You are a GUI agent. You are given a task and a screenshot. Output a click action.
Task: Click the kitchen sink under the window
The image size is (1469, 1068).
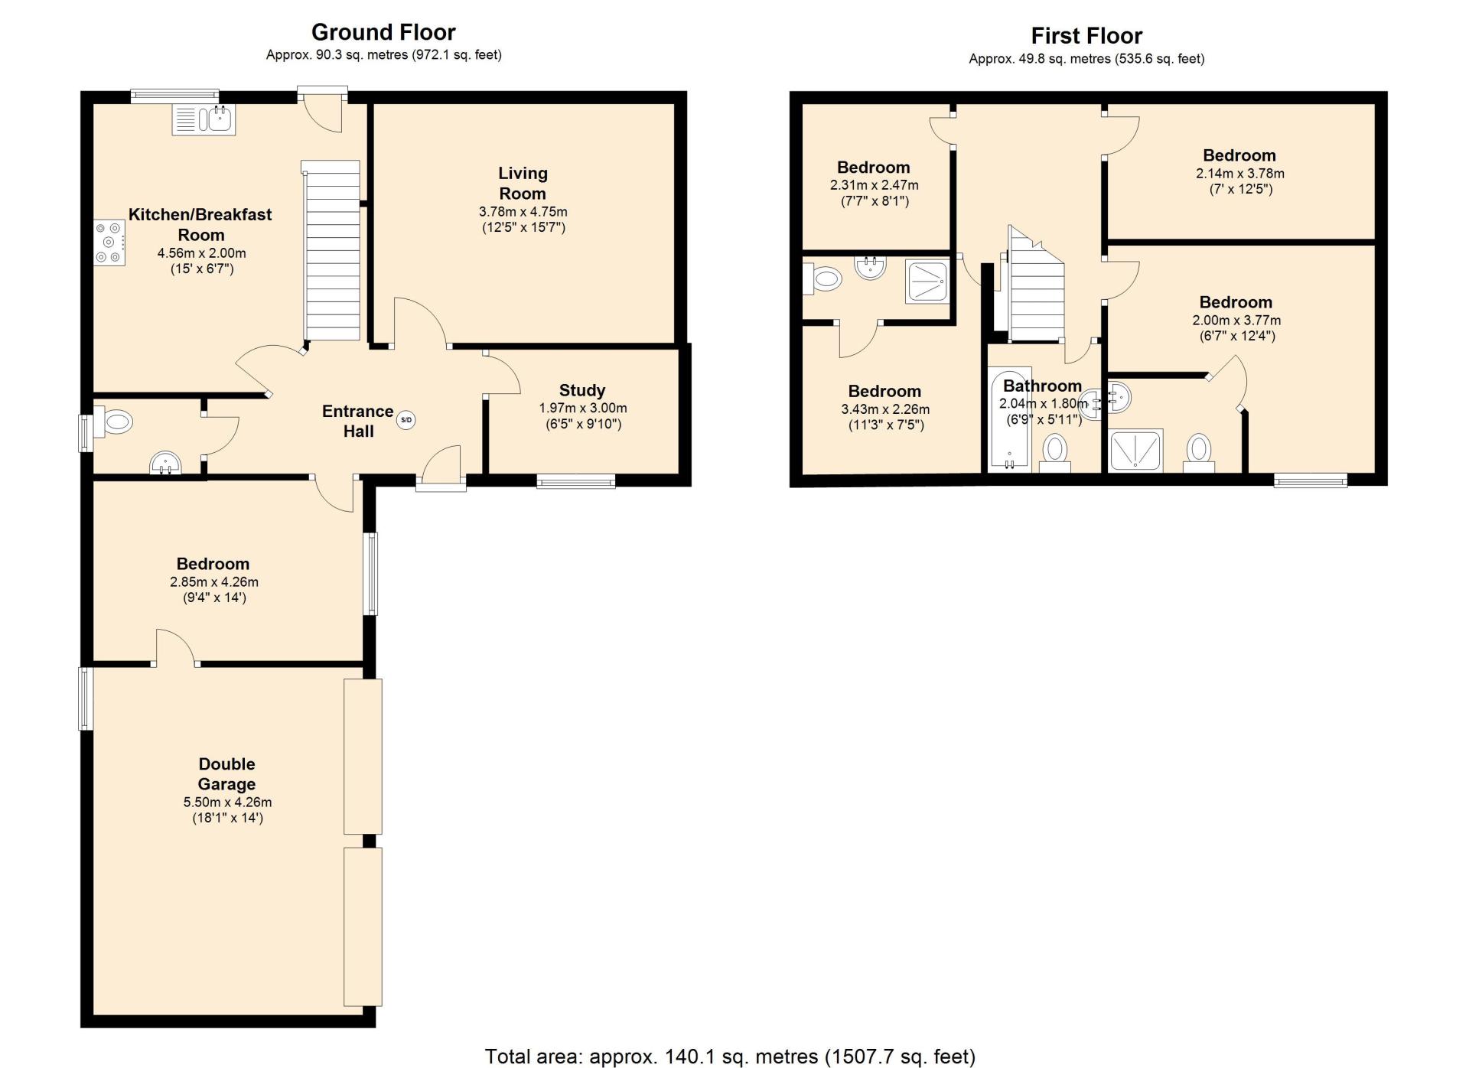point(204,119)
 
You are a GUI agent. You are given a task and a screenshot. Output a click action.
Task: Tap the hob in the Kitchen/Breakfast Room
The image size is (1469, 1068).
point(109,243)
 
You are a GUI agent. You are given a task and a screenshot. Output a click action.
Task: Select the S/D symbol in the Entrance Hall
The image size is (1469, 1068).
point(406,419)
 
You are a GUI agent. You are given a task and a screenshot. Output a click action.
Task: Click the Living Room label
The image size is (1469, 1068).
point(523,184)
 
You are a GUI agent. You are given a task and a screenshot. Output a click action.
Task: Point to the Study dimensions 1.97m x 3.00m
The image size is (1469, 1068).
point(583,408)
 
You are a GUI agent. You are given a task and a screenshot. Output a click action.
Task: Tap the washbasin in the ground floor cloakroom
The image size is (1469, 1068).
point(165,464)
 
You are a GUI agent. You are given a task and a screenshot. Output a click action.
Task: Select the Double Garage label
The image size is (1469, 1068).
point(226,773)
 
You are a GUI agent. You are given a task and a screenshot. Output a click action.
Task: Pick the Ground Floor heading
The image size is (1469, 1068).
point(383,32)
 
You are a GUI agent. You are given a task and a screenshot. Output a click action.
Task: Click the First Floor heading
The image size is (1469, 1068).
point(1086,36)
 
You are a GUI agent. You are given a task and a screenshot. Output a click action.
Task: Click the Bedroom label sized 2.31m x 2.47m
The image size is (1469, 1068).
point(874,168)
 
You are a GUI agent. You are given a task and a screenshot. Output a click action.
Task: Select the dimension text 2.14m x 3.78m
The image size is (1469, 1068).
point(1240,174)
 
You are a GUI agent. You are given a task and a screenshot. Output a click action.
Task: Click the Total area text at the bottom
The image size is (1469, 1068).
point(730,1057)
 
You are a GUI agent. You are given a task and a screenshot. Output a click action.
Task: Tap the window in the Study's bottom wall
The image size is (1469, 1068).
point(576,480)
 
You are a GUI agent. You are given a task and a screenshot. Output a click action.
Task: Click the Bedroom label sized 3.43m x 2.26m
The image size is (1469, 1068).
point(884,391)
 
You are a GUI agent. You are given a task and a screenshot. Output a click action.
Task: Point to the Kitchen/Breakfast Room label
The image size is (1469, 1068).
point(200,225)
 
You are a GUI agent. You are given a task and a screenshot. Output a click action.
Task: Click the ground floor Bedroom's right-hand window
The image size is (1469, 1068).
point(370,574)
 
